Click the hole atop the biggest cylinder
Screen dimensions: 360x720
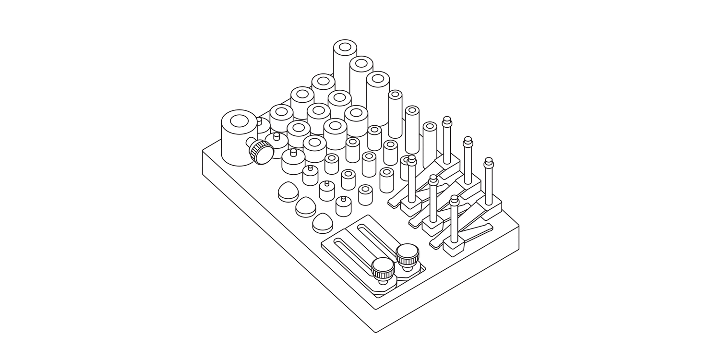(x=239, y=121)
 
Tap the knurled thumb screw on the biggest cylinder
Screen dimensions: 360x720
(x=261, y=152)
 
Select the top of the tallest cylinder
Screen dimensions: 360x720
(x=345, y=47)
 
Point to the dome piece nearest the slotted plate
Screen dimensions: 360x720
(x=323, y=223)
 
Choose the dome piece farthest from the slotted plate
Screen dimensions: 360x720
(x=288, y=191)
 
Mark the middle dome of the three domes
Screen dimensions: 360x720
(x=305, y=207)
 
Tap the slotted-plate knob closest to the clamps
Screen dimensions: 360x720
(x=408, y=254)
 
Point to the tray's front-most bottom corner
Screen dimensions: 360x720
(x=376, y=332)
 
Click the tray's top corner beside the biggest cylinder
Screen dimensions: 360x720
(x=203, y=152)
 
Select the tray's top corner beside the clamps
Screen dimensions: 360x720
(x=519, y=226)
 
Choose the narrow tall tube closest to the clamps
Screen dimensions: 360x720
(x=430, y=144)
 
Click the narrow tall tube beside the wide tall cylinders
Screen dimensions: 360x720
(x=395, y=114)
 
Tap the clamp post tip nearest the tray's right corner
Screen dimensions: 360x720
(x=489, y=162)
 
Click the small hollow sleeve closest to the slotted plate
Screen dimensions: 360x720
(x=365, y=194)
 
